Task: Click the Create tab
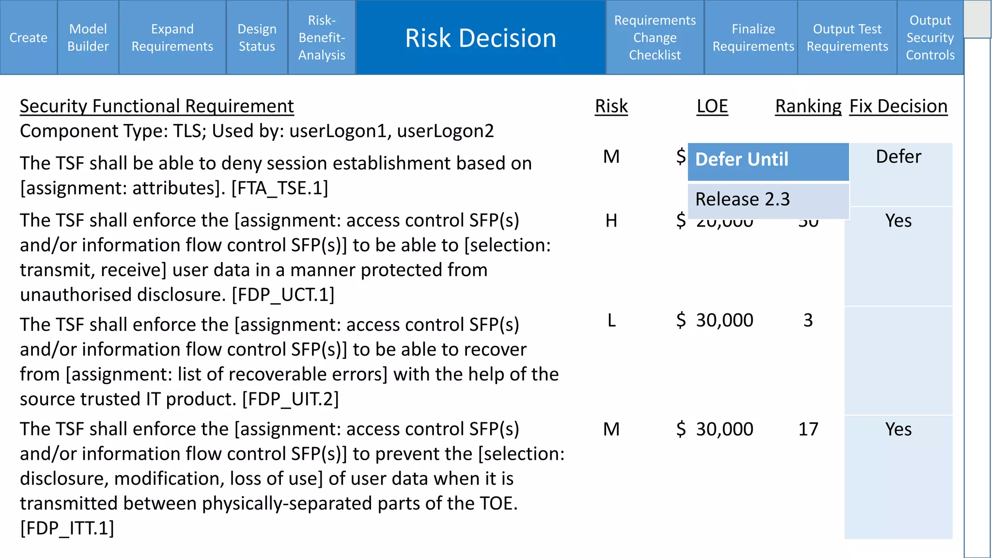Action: point(29,37)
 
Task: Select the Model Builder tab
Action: point(88,37)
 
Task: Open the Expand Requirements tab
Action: point(172,37)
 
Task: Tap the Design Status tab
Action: point(257,37)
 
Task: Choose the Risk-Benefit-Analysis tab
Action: point(322,37)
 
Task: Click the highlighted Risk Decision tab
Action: point(480,37)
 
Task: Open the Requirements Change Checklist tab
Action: point(655,37)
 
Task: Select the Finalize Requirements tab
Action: point(753,37)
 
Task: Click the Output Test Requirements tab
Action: point(847,37)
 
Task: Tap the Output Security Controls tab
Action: point(930,37)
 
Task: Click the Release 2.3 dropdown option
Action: point(768,199)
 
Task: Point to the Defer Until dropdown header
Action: point(768,160)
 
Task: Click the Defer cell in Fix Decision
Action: point(899,157)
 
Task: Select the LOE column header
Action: point(712,106)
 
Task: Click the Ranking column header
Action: point(808,106)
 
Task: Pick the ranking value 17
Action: point(808,429)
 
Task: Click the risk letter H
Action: point(611,221)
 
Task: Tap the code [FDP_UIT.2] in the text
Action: point(290,399)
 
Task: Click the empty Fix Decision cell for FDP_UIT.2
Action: point(899,360)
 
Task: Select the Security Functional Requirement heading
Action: point(156,106)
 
